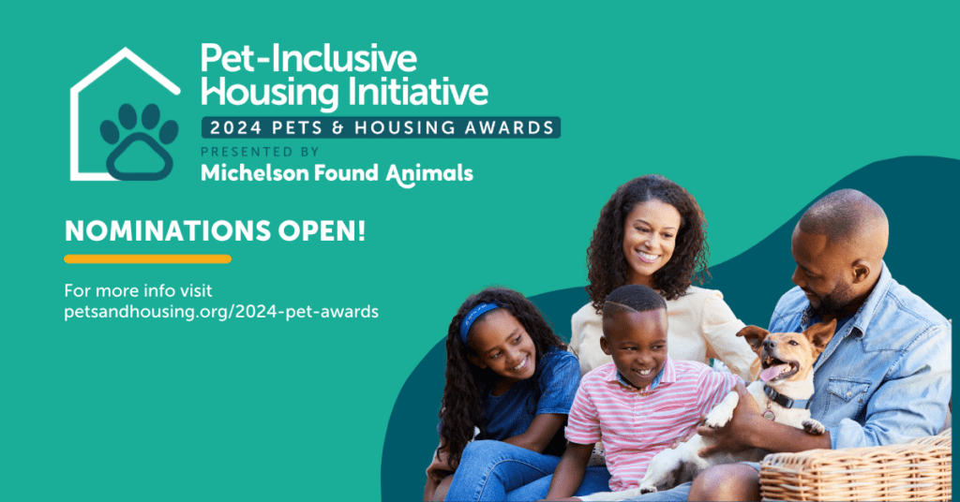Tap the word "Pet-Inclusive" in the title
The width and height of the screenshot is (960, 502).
[x=308, y=59]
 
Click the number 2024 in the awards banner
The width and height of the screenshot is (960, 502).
[x=235, y=127]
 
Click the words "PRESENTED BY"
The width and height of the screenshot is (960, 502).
[x=261, y=152]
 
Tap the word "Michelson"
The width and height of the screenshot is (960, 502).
[x=255, y=173]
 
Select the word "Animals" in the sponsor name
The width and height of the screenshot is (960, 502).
[x=429, y=174]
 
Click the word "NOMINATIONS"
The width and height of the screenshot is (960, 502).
[x=168, y=231]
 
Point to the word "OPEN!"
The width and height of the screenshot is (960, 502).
[x=322, y=231]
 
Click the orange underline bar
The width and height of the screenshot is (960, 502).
[x=147, y=259]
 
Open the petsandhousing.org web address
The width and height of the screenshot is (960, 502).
[x=221, y=312]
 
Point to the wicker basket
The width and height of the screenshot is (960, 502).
[x=856, y=468]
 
